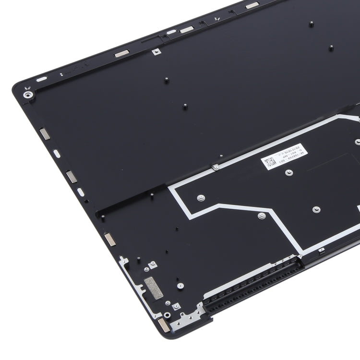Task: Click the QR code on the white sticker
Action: point(270,162)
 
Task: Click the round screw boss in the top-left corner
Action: point(28,95)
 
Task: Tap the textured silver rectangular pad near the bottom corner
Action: point(154,288)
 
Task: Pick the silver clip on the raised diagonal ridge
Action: point(216,167)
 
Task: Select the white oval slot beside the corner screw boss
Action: point(42,79)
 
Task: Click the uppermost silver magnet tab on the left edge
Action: point(45,134)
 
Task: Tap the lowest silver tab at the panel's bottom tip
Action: point(163,325)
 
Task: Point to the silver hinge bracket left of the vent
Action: point(192,314)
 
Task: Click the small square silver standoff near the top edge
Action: point(156,51)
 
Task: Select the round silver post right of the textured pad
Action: point(180,286)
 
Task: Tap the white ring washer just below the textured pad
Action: point(168,303)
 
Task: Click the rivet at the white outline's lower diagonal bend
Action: point(262,216)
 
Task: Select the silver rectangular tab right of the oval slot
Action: point(121,53)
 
